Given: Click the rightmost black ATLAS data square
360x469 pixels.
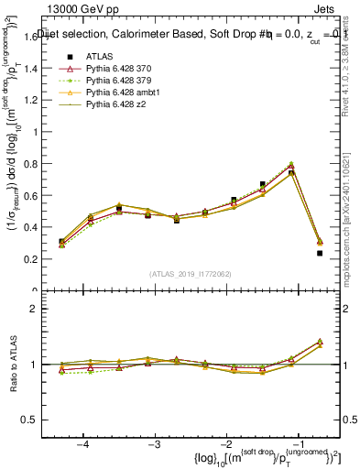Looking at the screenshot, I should click(320, 253).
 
